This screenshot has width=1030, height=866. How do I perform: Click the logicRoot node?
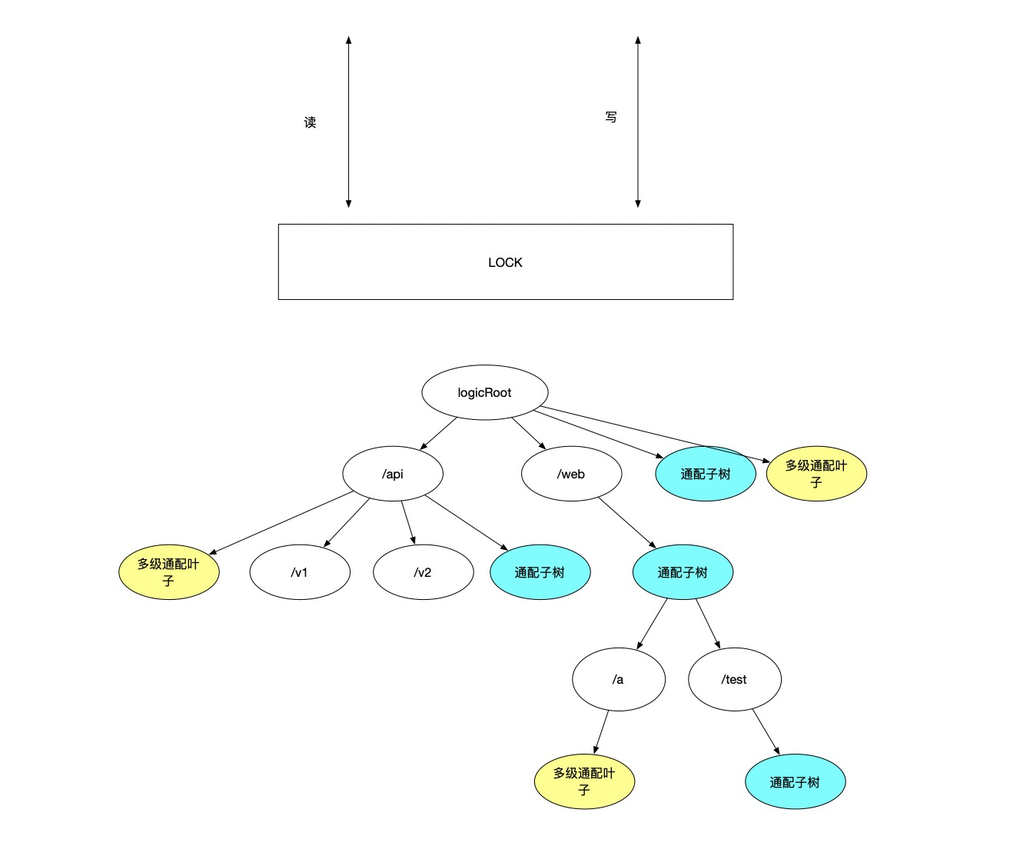pos(484,392)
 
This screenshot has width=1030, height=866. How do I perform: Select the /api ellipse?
pos(392,474)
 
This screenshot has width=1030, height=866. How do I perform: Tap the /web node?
pos(571,474)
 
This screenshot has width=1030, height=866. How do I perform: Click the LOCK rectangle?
pos(505,261)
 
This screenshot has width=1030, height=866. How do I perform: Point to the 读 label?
pos(310,122)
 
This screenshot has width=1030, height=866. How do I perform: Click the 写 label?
pos(610,117)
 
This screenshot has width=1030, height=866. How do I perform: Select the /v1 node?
pos(300,572)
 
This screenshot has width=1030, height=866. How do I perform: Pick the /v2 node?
pos(423,572)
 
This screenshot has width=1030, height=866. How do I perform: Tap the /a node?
pos(618,679)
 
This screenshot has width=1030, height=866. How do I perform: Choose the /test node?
pos(734,679)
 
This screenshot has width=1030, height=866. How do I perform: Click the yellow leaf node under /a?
pos(584,781)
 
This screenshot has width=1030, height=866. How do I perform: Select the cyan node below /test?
pos(795,781)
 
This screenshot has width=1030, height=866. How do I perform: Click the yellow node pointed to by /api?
pos(169,572)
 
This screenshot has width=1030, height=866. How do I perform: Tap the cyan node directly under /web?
pos(683,572)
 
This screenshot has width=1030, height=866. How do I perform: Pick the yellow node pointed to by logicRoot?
pos(816,474)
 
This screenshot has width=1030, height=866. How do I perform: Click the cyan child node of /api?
pos(540,572)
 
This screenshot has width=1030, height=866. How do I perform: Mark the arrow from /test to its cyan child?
pos(766,731)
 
